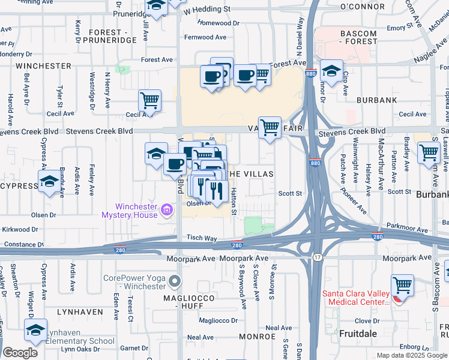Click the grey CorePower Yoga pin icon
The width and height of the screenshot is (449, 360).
click(175, 281)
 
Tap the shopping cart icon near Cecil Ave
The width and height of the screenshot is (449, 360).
click(149, 100)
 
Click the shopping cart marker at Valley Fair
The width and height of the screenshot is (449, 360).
click(270, 127)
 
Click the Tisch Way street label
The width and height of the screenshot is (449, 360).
click(201, 238)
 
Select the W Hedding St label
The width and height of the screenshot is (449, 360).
click(207, 10)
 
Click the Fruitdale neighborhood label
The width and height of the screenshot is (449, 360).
click(358, 332)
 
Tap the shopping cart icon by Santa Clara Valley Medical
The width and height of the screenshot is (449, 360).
click(402, 284)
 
